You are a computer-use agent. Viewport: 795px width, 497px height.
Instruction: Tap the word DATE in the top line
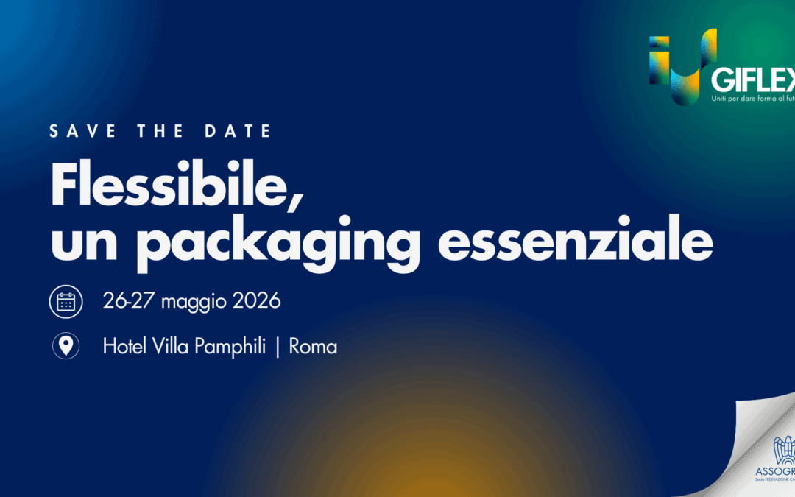tap(240, 132)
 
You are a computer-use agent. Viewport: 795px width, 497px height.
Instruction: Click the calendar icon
tap(66, 302)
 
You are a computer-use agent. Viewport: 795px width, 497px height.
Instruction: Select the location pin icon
tap(66, 346)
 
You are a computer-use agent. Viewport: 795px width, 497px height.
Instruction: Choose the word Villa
tap(171, 347)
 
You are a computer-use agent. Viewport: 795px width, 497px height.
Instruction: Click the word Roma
tap(313, 347)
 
